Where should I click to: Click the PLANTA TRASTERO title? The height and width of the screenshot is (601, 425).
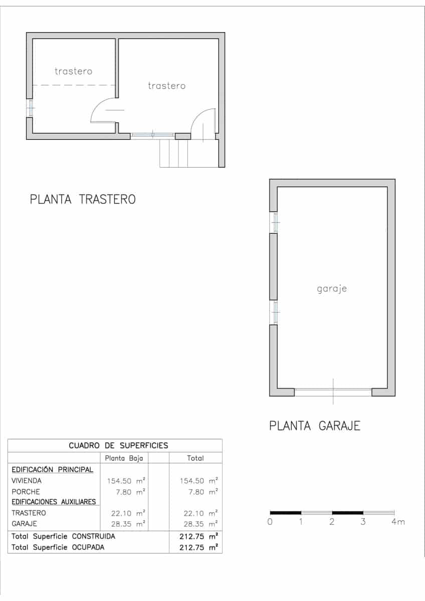[x=83, y=199]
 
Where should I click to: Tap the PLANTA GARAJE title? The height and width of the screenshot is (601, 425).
[x=315, y=426]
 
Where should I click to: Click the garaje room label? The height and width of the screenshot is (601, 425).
[x=332, y=289]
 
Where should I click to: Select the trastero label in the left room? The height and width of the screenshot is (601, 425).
[x=74, y=71]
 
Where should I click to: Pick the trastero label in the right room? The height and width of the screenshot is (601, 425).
[x=166, y=86]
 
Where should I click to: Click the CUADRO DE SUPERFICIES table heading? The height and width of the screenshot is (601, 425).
[x=118, y=445]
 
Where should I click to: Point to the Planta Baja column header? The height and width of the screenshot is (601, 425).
[x=124, y=458]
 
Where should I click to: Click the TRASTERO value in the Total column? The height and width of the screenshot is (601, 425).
[x=199, y=513]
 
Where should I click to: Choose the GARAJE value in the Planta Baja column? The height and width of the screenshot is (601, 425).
[x=126, y=524]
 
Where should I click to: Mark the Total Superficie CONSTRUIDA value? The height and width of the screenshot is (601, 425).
[x=199, y=536]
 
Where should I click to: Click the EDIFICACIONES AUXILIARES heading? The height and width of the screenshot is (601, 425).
[x=54, y=502]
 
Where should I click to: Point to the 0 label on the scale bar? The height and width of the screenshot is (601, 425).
[x=270, y=522]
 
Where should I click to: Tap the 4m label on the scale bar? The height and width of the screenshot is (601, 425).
[x=398, y=522]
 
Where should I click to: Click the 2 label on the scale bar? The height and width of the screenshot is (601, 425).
[x=332, y=522]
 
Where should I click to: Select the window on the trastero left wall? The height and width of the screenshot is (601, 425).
[x=30, y=108]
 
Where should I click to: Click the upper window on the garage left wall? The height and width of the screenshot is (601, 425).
[x=274, y=222]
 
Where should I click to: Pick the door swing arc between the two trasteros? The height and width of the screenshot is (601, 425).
[x=102, y=110]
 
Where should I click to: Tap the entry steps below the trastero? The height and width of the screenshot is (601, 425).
[x=174, y=153]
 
